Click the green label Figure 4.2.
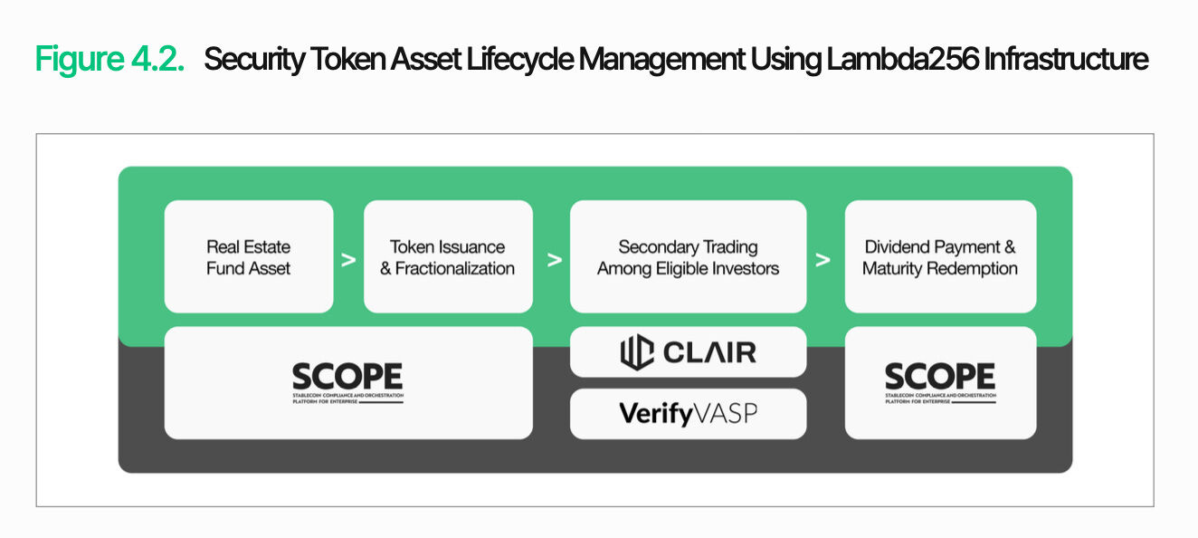coord(110,60)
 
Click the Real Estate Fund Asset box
coord(249,257)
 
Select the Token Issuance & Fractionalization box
coord(448,257)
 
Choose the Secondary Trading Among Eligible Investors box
coord(688,257)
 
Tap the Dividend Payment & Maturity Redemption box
coord(940,257)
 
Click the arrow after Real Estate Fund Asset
coord(348,260)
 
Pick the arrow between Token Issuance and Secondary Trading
coord(555,260)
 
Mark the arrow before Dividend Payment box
coord(822,260)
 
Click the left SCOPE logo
coord(347,377)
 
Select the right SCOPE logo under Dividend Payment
coord(940,377)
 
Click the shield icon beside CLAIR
coord(636,352)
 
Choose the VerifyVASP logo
coord(688,414)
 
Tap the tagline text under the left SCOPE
coord(347,399)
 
